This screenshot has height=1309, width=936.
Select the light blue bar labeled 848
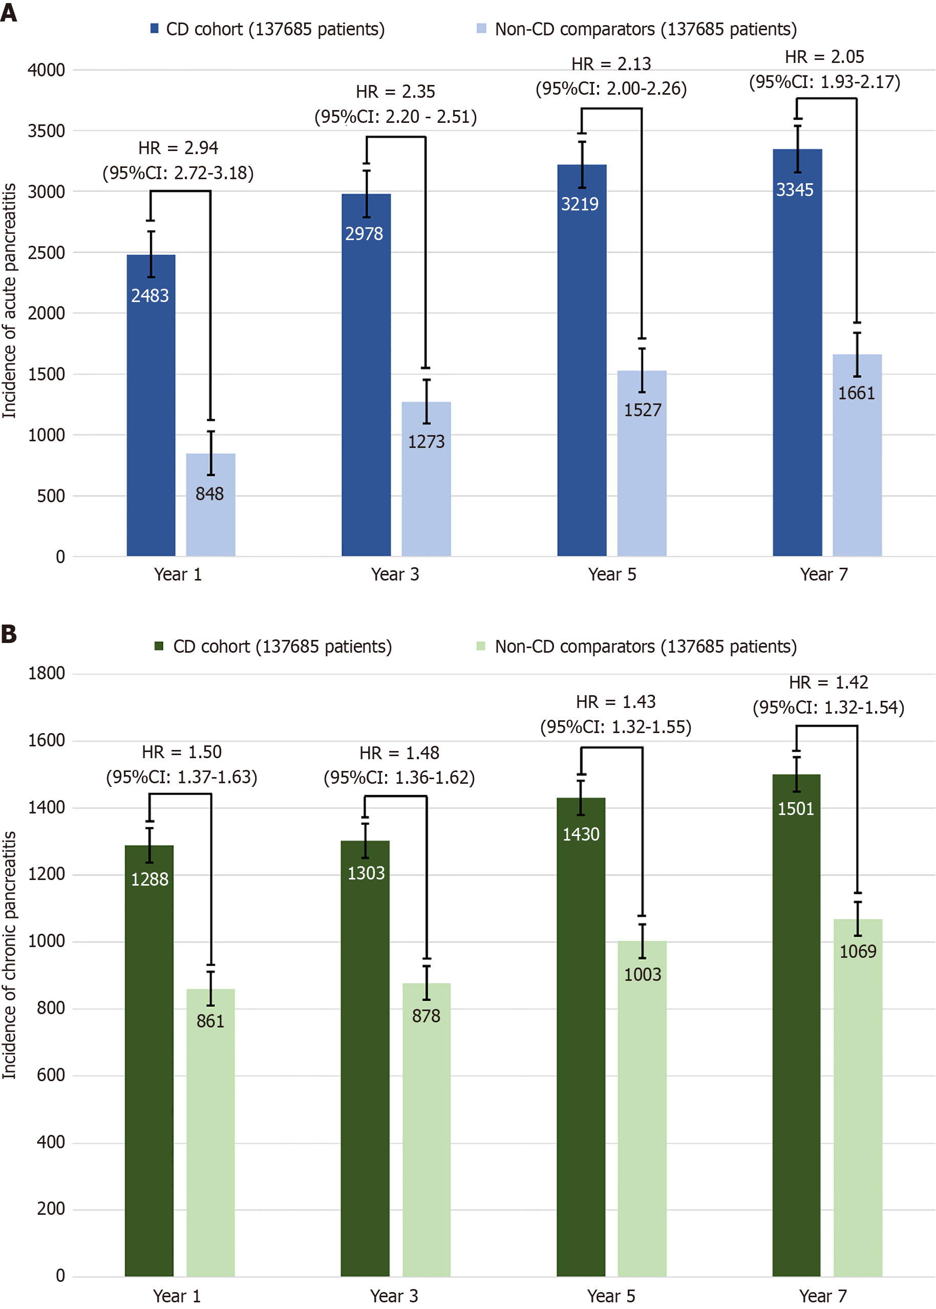pyautogui.click(x=210, y=519)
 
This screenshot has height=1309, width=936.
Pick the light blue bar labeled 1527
pyautogui.click(x=642, y=473)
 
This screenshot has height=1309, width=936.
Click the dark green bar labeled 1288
pyautogui.click(x=150, y=1066)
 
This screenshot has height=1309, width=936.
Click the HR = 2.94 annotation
pyautogui.click(x=178, y=148)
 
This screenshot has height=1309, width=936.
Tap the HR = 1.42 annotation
pyautogui.click(x=828, y=683)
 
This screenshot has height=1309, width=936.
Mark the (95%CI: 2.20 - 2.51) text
pyautogui.click(x=395, y=117)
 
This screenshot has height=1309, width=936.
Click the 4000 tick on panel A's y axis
pyautogui.click(x=46, y=70)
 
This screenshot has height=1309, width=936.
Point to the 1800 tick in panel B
pyautogui.click(x=46, y=673)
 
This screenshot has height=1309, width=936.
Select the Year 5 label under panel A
pyautogui.click(x=612, y=574)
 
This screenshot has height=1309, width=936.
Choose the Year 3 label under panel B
pyautogui.click(x=394, y=1296)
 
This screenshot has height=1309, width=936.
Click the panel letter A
pyautogui.click(x=9, y=12)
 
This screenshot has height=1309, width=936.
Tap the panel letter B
pyautogui.click(x=9, y=634)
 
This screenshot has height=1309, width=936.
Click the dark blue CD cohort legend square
pyautogui.click(x=155, y=28)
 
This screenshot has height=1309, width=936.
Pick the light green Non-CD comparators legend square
pyautogui.click(x=481, y=646)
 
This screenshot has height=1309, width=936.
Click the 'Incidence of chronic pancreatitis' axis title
pyautogui.click(x=9, y=955)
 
